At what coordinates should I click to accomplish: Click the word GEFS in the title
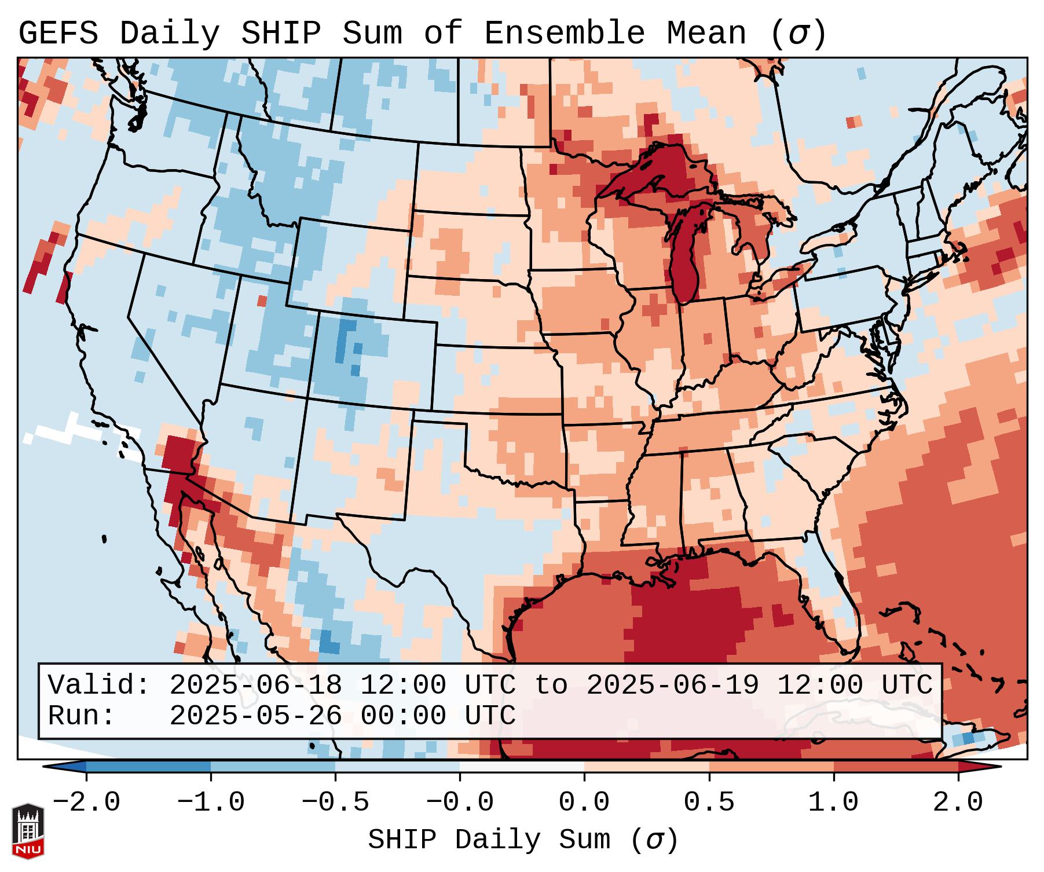[x=58, y=34]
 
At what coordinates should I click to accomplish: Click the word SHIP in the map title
[x=280, y=34]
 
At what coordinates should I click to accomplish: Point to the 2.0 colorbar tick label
[x=958, y=803]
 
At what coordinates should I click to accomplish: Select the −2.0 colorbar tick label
[x=86, y=803]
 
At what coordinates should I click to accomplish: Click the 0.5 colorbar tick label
[x=709, y=803]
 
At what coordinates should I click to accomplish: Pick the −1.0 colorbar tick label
[x=211, y=803]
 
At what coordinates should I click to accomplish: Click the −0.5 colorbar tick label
[x=335, y=803]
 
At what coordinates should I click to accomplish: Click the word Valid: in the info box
[x=99, y=686]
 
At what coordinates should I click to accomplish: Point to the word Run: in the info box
[x=82, y=716]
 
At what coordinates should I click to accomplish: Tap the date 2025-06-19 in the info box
[x=672, y=686]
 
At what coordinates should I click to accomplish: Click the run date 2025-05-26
[x=255, y=716]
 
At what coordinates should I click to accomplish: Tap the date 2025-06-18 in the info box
[x=255, y=686]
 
